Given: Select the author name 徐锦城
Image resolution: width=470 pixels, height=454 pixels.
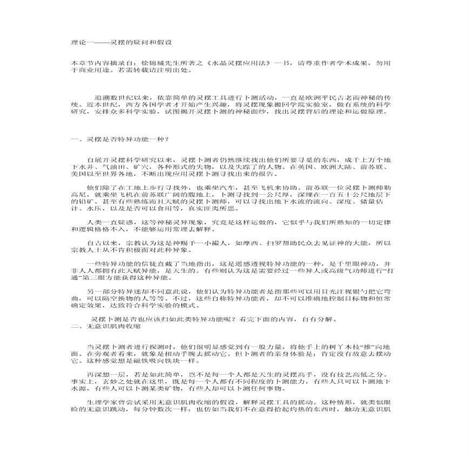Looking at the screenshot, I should [140, 63].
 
